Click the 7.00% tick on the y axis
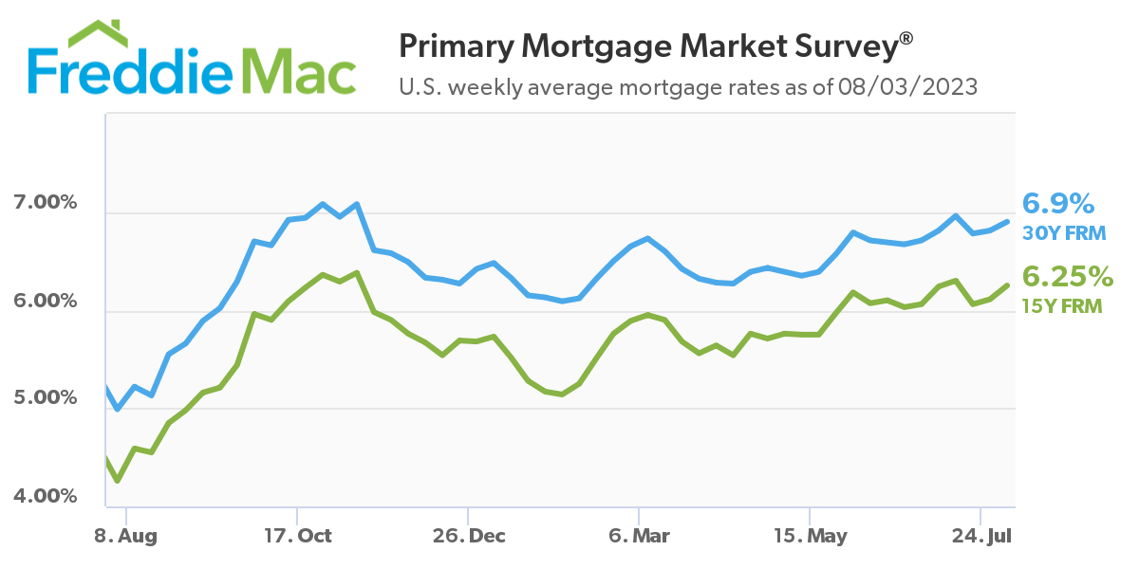coord(45,203)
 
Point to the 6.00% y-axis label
coord(45,301)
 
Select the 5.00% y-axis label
coord(45,397)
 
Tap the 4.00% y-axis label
coord(45,495)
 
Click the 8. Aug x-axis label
coord(126,536)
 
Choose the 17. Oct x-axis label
coord(297,536)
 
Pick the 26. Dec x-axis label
coord(468,536)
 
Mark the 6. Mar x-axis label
coord(640,536)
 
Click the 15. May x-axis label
coord(810,536)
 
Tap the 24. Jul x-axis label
coord(980,536)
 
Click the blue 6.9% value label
coord(1058,203)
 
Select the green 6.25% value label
coord(1067,276)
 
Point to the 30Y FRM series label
coord(1064,232)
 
